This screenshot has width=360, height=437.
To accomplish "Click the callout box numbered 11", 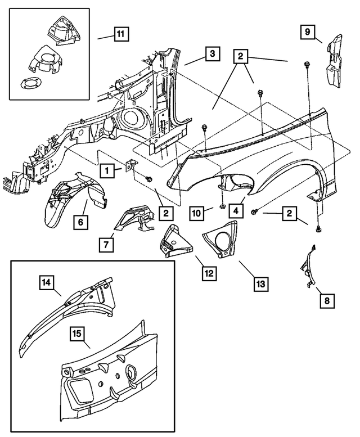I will (120, 34).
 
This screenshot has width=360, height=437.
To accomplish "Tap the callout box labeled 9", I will (308, 33).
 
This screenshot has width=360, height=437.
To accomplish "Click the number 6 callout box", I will (80, 223).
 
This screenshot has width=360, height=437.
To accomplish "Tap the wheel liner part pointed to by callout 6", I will (67, 200).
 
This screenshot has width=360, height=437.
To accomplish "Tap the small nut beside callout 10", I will (223, 207).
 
